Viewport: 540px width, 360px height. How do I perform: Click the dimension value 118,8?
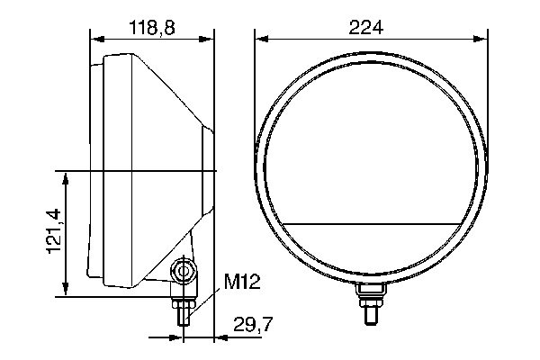pos(152,28)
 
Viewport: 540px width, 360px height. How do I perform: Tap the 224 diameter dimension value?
pos(365,28)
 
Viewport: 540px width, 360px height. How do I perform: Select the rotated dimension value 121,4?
pos(53,232)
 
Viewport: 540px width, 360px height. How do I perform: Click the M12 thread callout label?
pos(241,283)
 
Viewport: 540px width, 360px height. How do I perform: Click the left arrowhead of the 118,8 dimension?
pos(95,39)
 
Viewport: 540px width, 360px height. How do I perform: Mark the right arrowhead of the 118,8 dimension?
pos(211,39)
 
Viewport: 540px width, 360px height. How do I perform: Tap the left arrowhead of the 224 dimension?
pos(260,39)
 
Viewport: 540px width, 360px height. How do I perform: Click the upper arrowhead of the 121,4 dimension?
pos(66,174)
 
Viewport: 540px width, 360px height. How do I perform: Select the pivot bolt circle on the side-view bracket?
pos(184,271)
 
